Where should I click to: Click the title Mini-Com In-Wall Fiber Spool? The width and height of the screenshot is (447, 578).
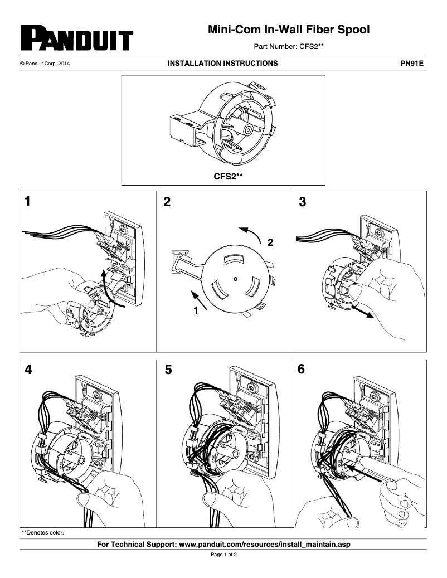[289, 30]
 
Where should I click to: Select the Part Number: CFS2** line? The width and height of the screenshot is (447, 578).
[289, 47]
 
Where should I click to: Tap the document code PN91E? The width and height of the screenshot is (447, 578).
[412, 64]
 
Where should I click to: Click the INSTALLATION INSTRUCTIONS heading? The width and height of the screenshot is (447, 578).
[222, 64]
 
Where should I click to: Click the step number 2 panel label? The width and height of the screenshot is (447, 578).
[167, 202]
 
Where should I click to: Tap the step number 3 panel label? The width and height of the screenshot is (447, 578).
[303, 202]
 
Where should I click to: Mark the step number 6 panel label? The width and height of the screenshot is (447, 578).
[302, 370]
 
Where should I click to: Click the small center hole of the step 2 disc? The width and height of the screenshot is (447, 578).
[236, 278]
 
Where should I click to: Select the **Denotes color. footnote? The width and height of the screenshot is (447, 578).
[42, 532]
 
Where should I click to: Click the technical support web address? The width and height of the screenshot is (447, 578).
[265, 543]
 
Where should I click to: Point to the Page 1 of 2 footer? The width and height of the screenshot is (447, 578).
[223, 555]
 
